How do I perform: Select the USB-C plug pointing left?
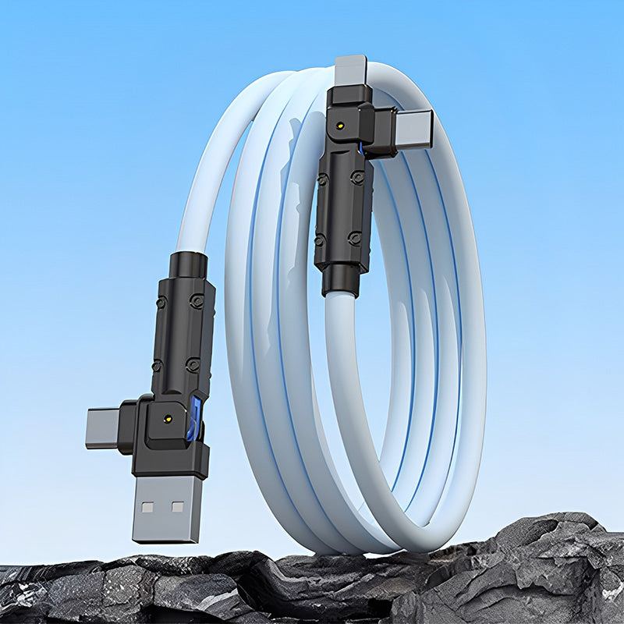coord(103,427)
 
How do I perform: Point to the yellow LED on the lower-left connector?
coord(168,419)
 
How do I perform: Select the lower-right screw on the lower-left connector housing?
coord(192,363)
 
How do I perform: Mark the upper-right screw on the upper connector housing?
coord(358,177)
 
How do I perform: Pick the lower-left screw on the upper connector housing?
coord(321,239)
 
